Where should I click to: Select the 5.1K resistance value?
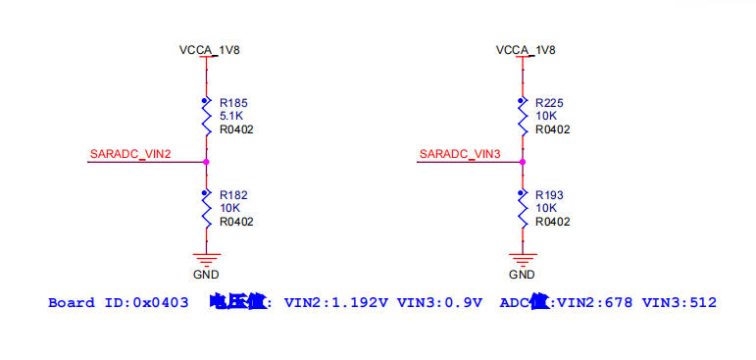tap(230, 116)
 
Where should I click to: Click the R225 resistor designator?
tap(549, 102)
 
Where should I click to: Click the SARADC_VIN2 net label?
tap(130, 154)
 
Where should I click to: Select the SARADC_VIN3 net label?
tap(460, 154)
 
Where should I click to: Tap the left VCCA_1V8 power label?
tap(209, 50)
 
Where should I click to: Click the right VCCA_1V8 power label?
tap(526, 50)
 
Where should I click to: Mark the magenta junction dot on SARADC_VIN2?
tap(206, 162)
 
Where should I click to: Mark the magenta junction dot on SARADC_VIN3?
tap(523, 162)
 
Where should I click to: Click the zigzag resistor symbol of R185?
tap(206, 121)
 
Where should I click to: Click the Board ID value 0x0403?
tap(161, 303)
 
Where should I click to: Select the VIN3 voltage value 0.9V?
tap(464, 303)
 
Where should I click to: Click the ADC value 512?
tap(702, 303)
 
